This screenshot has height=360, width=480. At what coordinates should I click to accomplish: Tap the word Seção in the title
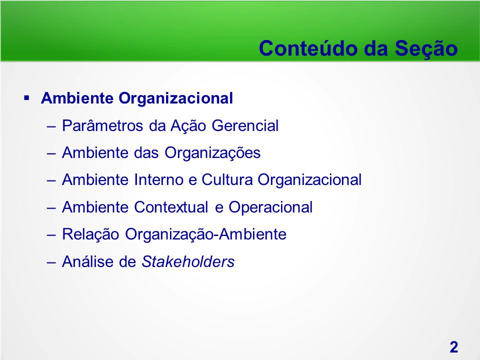point(426,48)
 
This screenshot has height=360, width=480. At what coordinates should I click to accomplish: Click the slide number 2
point(454,347)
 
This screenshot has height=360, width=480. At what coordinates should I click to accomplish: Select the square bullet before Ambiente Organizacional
point(26,98)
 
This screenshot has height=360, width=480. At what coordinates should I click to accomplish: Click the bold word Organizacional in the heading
point(175,98)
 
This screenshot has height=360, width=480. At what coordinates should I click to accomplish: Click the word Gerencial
point(245,125)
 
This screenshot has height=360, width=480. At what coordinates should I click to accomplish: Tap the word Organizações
point(212,152)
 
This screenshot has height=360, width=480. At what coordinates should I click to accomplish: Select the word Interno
point(158,179)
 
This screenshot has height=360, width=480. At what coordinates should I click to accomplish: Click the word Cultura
point(227,179)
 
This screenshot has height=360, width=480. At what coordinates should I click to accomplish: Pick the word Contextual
point(171,207)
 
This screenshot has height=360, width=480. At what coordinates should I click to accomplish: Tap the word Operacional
point(270,207)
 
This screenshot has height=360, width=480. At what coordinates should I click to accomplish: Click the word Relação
point(90,234)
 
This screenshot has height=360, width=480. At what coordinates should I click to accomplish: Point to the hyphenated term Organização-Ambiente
point(205,234)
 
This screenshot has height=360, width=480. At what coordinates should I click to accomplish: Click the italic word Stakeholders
point(188,261)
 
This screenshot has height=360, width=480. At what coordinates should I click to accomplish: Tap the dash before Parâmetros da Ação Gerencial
point(51,126)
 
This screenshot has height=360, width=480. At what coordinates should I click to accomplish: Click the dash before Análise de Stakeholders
point(51,262)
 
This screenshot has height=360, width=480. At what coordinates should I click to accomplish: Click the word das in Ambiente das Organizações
point(146,152)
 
